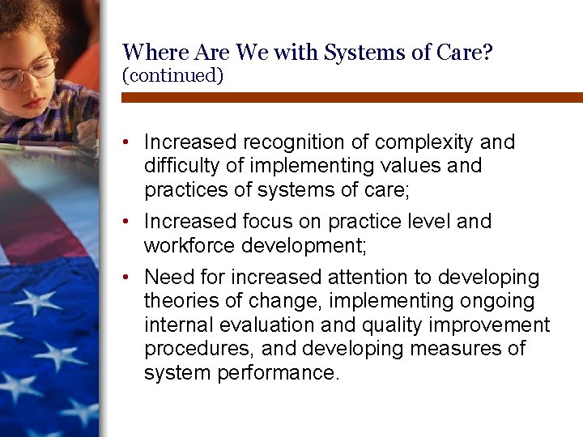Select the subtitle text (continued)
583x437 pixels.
[x=172, y=75]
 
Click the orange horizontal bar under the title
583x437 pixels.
[x=351, y=97]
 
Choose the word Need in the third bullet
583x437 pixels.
[x=168, y=278]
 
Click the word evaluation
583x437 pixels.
[x=275, y=325]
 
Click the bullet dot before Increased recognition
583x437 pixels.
[x=128, y=143]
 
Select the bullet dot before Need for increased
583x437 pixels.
[x=128, y=278]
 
